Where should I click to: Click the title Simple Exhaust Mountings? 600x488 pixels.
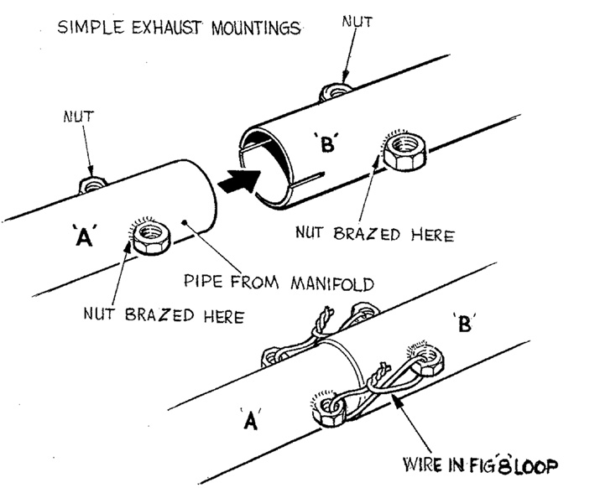point(179,27)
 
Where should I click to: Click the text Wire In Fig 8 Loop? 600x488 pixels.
point(471,464)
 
